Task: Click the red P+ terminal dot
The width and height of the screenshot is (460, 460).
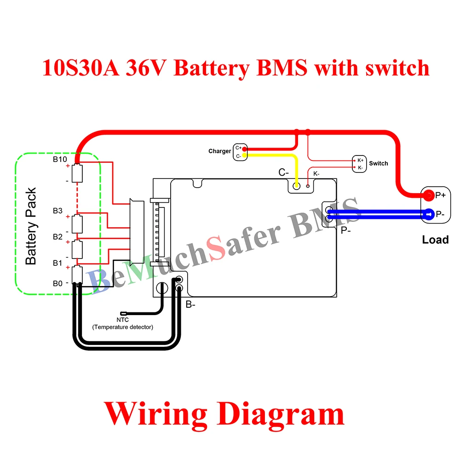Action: pyautogui.click(x=428, y=195)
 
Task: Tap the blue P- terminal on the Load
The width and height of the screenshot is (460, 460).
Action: pyautogui.click(x=428, y=214)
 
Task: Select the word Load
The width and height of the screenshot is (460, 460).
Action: pyautogui.click(x=435, y=240)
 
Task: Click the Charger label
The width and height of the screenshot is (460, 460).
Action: pyautogui.click(x=219, y=151)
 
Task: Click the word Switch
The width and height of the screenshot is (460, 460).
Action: pyautogui.click(x=379, y=163)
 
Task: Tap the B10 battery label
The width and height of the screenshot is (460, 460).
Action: pyautogui.click(x=59, y=160)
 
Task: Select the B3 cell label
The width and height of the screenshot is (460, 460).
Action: pyautogui.click(x=57, y=211)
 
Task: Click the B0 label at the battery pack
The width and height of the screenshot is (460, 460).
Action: pyautogui.click(x=57, y=283)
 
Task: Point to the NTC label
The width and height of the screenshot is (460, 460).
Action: pyautogui.click(x=122, y=320)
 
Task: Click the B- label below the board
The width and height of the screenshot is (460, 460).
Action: pyautogui.click(x=190, y=305)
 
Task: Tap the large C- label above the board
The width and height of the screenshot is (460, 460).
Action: pyautogui.click(x=283, y=172)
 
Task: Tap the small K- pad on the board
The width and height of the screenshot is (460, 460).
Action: pyautogui.click(x=308, y=186)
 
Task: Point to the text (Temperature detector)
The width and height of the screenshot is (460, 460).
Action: pyautogui.click(x=122, y=327)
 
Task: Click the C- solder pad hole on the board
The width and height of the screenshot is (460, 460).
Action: pyautogui.click(x=297, y=186)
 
